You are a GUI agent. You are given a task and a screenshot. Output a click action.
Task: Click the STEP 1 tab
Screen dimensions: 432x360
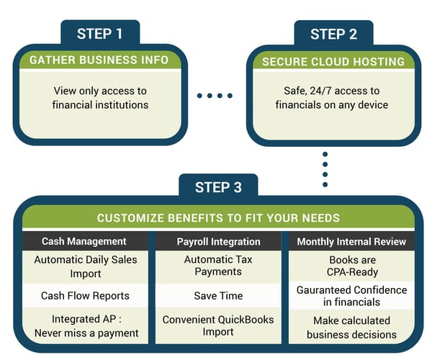point(100,33)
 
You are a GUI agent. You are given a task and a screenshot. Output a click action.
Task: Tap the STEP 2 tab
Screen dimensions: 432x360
point(333,34)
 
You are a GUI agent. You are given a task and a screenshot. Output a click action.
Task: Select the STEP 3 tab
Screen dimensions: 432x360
point(218,186)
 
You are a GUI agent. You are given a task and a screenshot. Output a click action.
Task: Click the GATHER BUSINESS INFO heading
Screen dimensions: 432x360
point(99,60)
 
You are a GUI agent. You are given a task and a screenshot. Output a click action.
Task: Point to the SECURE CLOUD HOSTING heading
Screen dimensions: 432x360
point(333,61)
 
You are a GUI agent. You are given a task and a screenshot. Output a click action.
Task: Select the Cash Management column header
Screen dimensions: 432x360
point(84,241)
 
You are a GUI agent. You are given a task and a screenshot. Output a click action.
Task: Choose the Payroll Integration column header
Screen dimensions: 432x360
point(218,242)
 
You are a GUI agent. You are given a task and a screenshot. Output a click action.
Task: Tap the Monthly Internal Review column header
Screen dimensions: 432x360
point(351,242)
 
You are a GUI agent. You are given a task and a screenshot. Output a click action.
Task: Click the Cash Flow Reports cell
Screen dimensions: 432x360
point(85,295)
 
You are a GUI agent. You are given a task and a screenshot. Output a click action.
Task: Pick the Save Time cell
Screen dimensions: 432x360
point(218,295)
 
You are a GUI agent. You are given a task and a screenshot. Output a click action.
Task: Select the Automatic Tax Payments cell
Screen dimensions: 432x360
point(218,266)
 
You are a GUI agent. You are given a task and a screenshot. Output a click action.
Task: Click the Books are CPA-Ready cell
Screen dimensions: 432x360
point(352,266)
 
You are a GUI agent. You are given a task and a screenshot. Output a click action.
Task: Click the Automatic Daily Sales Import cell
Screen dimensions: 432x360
point(86,266)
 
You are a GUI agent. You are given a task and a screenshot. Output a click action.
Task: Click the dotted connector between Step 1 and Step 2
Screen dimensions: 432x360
point(215,96)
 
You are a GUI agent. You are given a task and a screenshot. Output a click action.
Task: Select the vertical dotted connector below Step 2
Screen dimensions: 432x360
point(325,169)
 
